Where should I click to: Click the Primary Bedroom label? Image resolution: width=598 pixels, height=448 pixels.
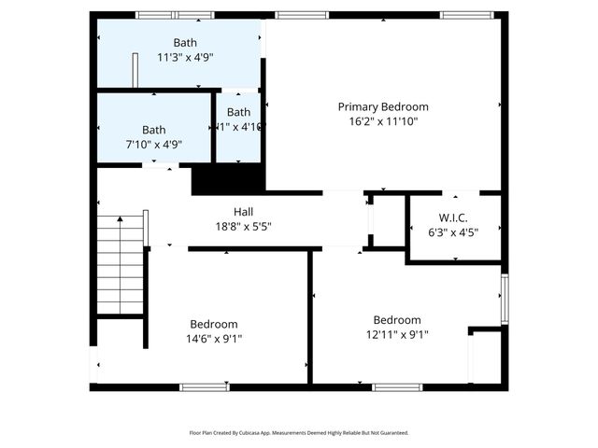(x=383, y=106)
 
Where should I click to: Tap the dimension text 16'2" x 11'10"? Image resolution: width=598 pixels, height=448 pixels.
(x=383, y=120)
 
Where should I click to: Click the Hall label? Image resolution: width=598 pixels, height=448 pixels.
(x=243, y=212)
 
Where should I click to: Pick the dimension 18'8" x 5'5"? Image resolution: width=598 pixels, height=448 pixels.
(x=243, y=226)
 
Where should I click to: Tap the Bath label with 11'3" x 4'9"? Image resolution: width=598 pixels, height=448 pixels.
(x=185, y=43)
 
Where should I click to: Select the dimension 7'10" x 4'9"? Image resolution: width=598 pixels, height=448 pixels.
(x=154, y=144)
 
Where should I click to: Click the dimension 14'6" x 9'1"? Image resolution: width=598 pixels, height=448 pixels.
(x=215, y=338)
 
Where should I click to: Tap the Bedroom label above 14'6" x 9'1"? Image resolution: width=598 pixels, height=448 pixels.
(x=215, y=324)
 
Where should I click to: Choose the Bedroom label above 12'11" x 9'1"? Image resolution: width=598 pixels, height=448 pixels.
(x=397, y=319)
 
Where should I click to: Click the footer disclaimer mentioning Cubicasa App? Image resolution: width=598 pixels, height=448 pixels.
(x=299, y=433)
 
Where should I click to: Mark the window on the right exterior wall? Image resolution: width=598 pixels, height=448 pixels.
(x=505, y=299)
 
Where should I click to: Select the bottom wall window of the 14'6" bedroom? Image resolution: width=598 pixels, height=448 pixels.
(x=204, y=386)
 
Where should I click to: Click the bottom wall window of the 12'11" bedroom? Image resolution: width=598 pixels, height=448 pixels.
(x=397, y=386)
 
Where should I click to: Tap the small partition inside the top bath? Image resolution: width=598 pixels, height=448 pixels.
(x=135, y=70)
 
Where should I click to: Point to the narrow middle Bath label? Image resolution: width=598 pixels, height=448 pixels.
(x=238, y=112)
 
